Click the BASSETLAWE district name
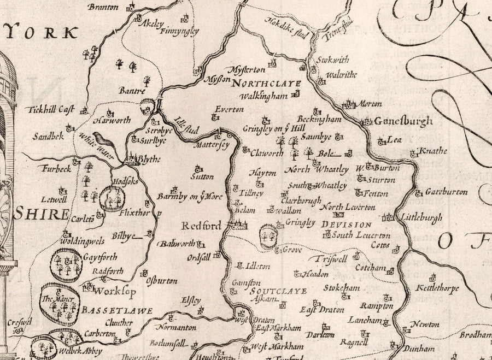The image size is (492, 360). click(116, 310)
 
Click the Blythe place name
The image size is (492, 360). click(150, 159)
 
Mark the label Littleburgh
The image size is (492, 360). click(421, 217)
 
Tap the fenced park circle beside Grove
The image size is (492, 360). click(268, 237)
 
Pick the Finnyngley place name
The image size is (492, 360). click(179, 31)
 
